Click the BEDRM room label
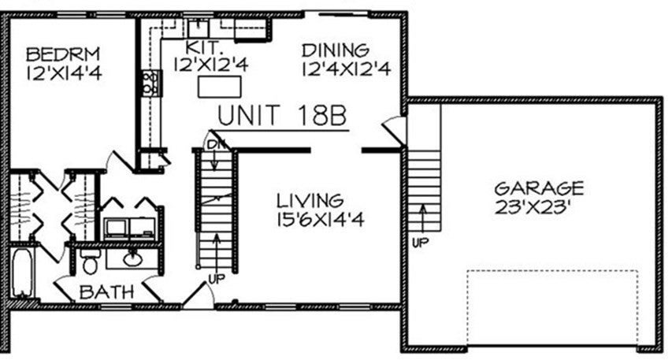pyautogui.click(x=63, y=54)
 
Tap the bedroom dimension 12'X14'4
pyautogui.click(x=64, y=72)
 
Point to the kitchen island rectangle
pyautogui.click(x=220, y=87)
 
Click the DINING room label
pyautogui.click(x=336, y=50)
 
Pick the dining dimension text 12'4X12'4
pyautogui.click(x=347, y=69)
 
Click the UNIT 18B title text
pyautogui.click(x=282, y=116)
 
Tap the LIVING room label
pyautogui.click(x=310, y=201)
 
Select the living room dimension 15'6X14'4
pyautogui.click(x=321, y=220)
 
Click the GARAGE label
pyautogui.click(x=539, y=188)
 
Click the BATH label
pyautogui.click(x=106, y=292)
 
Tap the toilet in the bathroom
pyautogui.click(x=90, y=262)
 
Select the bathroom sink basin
pyautogui.click(x=133, y=259)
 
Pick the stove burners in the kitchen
pyautogui.click(x=150, y=83)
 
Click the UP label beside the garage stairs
pyautogui.click(x=420, y=243)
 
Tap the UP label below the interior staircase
pyautogui.click(x=217, y=279)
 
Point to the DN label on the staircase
pyautogui.click(x=216, y=145)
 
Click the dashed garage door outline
pyautogui.click(x=552, y=271)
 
